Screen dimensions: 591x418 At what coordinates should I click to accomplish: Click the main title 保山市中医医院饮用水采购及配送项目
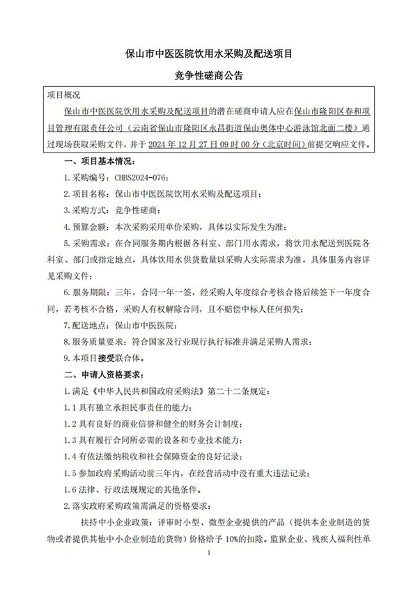pos(208,52)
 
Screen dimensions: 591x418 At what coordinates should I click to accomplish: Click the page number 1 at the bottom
pos(209,572)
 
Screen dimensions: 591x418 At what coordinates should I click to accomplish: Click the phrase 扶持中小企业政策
pos(112,522)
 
